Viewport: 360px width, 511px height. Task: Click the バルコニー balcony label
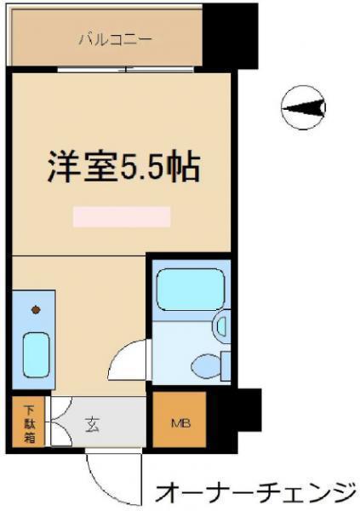(116, 39)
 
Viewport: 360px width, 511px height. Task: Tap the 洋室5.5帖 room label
(123, 168)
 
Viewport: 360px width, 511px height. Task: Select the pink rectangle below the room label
(122, 216)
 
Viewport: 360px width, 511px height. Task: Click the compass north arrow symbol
(303, 107)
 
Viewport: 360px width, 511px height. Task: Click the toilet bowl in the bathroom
(206, 366)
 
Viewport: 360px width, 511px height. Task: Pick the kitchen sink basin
(36, 355)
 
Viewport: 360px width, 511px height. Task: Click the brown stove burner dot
(36, 310)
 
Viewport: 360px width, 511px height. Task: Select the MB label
(180, 423)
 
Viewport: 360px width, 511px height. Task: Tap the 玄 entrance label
(92, 425)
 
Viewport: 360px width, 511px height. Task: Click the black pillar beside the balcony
(230, 36)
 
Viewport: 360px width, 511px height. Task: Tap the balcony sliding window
(126, 70)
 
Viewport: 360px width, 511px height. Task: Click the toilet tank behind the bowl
(226, 366)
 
